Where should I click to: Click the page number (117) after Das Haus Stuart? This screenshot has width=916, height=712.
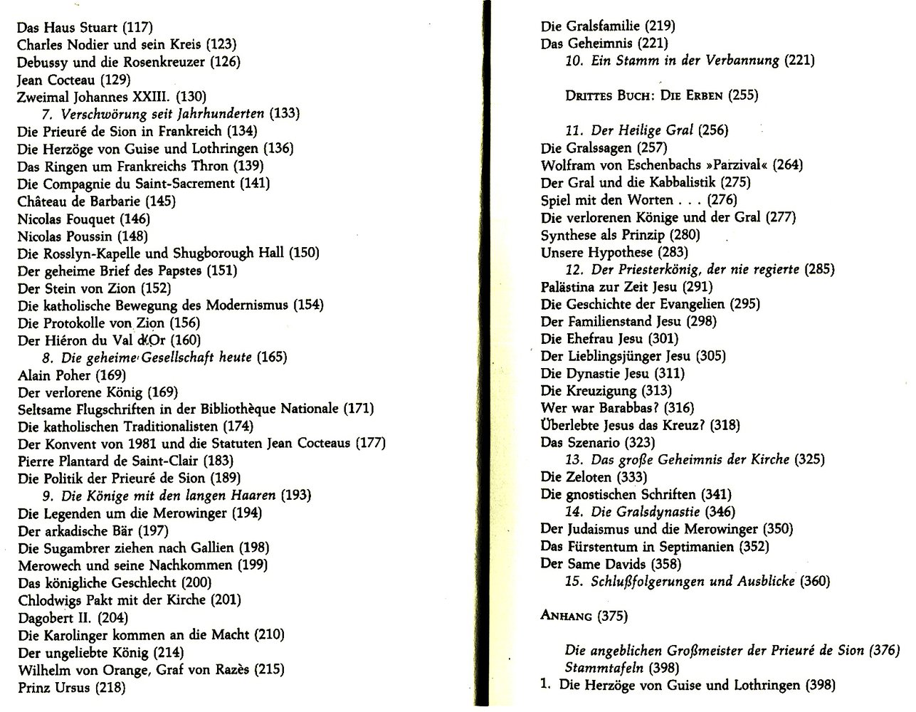[138, 28]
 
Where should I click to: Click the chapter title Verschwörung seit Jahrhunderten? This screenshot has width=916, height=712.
[163, 114]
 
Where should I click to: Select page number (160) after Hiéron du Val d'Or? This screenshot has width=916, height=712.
[186, 340]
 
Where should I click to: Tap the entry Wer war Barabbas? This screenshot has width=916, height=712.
[607, 408]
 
